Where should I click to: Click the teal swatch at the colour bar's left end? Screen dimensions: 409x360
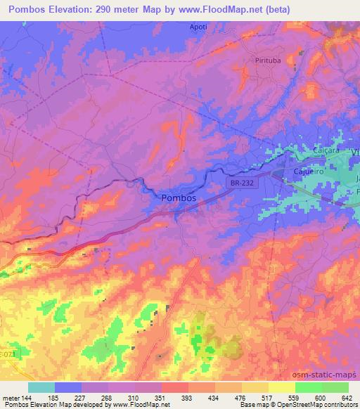tap(41, 387)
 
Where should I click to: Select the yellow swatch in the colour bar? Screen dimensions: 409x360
tap(255, 387)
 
